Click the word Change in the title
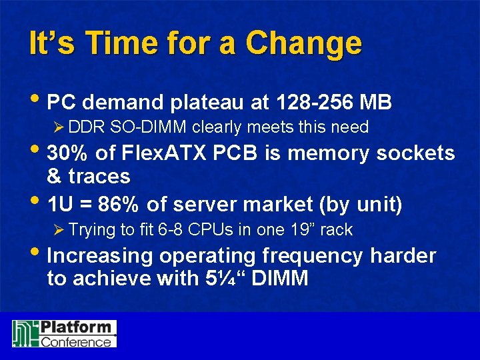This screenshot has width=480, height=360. tap(303, 44)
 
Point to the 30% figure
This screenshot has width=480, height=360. tap(69, 153)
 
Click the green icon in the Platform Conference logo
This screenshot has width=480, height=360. tap(25, 333)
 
